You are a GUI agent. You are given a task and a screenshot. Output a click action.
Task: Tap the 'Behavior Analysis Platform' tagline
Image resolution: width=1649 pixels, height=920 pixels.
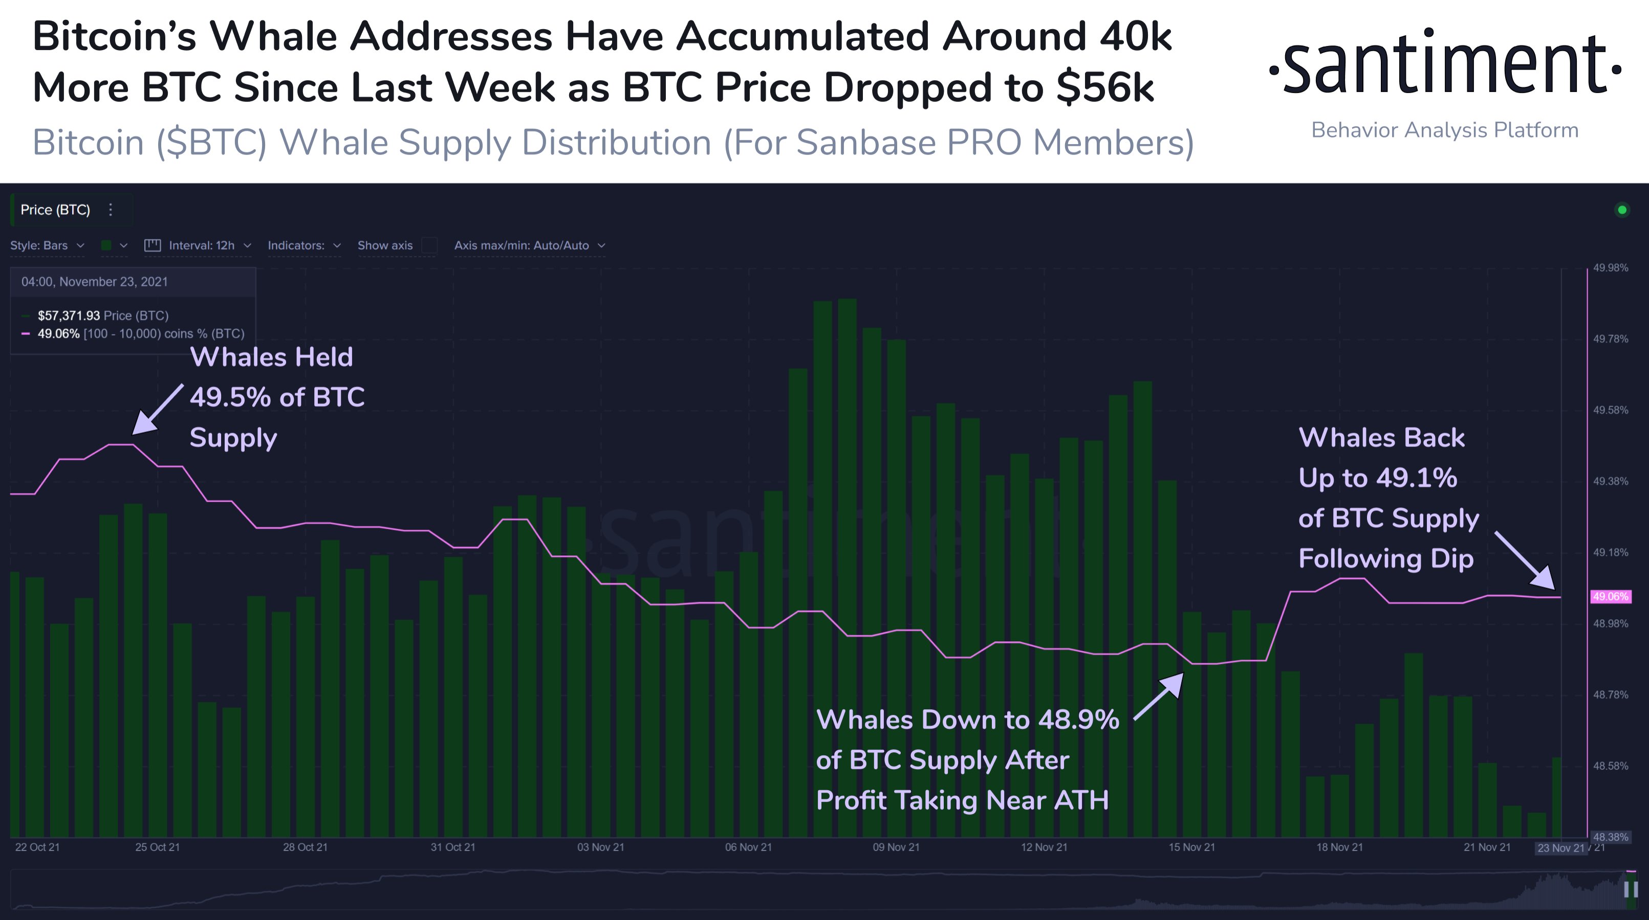point(1445,130)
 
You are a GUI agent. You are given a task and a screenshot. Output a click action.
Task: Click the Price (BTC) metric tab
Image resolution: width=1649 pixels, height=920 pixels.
point(55,210)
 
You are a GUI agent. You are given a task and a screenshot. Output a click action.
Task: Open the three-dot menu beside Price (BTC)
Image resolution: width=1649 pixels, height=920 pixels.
point(111,210)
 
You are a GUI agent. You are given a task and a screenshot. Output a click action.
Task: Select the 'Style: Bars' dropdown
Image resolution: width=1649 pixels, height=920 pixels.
point(47,245)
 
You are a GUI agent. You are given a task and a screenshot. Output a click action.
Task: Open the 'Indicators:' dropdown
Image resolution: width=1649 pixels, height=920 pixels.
point(303,245)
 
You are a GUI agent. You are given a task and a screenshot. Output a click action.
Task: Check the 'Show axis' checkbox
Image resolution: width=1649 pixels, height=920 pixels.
point(429,245)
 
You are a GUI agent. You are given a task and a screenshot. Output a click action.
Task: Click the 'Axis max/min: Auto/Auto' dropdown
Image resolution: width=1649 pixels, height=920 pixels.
point(529,245)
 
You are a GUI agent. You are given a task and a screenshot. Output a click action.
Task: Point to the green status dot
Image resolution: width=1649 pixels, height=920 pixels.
point(1621,210)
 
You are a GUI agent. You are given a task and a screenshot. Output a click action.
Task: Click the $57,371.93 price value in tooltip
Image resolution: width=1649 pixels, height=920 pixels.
point(69,316)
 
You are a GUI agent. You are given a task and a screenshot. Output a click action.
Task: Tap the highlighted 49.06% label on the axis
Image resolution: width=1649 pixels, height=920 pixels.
point(1610,597)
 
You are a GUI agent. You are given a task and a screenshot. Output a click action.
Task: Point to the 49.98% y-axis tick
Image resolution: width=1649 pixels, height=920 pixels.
point(1610,268)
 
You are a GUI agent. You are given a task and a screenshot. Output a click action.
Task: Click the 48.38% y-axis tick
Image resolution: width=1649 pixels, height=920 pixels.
point(1610,837)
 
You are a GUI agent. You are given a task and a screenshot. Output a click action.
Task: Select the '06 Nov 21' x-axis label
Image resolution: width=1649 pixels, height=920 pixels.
point(748,847)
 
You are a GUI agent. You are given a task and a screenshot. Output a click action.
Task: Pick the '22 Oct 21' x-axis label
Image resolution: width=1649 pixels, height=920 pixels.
point(37,847)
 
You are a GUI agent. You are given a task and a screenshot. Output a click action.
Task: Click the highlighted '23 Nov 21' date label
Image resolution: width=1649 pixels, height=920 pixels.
point(1560,848)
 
